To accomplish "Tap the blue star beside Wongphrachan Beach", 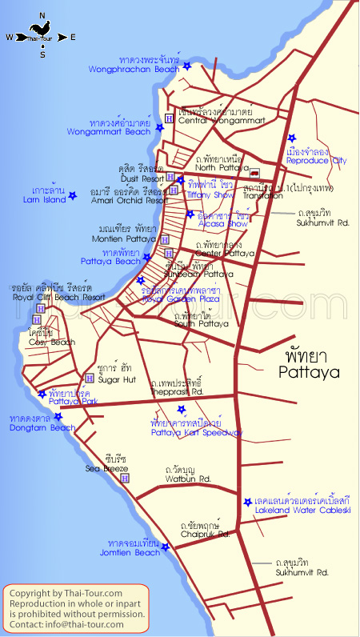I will click(187, 66).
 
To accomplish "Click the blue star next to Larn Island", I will click(72, 195).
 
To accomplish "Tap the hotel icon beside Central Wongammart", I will click(169, 119).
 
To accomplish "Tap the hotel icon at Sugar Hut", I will click(89, 378).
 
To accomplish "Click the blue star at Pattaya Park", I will click(42, 394).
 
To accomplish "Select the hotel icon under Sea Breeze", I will click(125, 478).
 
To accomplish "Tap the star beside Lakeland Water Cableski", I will click(247, 502).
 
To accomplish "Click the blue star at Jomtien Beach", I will click(166, 547).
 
